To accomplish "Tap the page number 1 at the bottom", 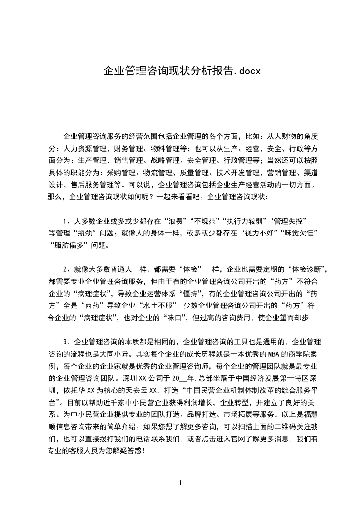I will [180, 483].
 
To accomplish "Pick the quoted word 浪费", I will [177, 221].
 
